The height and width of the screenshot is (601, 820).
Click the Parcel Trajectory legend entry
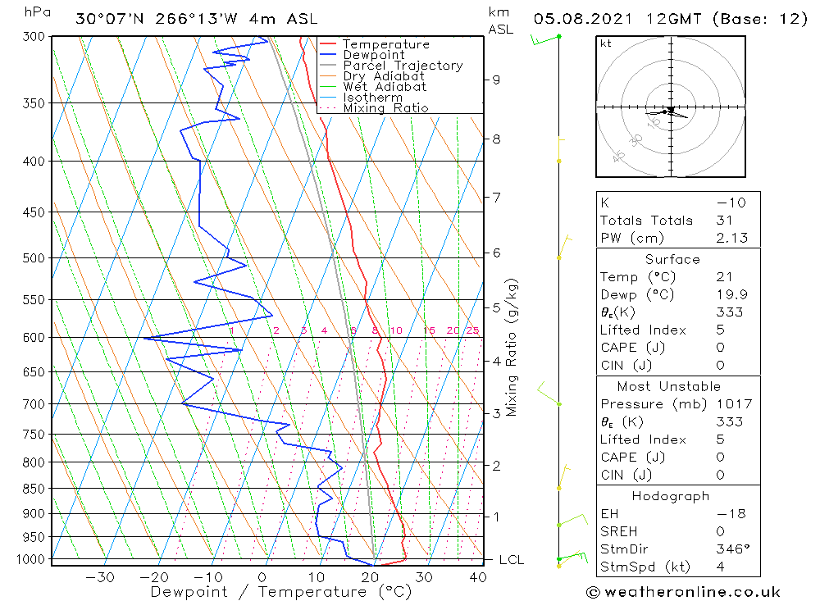(x=403, y=66)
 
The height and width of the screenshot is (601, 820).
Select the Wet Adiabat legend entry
(x=385, y=87)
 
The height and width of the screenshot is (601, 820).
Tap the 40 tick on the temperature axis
(x=478, y=577)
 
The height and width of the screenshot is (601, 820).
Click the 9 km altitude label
(x=496, y=80)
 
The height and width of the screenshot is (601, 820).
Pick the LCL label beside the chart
(x=512, y=560)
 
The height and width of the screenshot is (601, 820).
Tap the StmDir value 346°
(x=731, y=549)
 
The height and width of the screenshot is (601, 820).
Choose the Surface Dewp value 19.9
(x=731, y=295)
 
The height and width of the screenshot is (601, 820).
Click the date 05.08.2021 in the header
(x=577, y=19)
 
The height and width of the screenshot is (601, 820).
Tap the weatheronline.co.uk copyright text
(x=683, y=592)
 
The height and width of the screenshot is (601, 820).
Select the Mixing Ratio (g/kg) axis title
(x=512, y=347)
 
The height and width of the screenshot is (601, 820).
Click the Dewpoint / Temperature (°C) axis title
(x=280, y=592)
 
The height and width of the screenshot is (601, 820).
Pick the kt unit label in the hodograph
(x=606, y=43)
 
